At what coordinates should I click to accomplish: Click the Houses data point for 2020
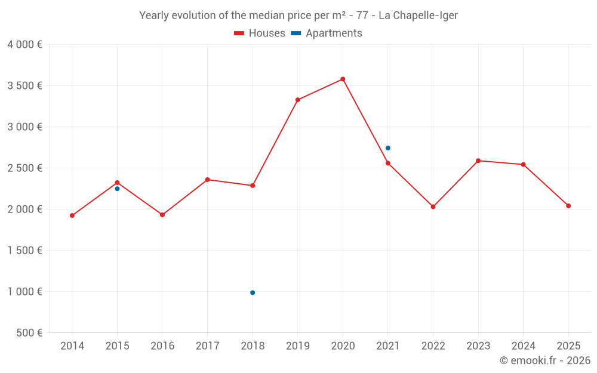(343, 79)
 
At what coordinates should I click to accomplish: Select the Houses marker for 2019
(298, 100)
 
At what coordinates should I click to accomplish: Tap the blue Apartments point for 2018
(253, 292)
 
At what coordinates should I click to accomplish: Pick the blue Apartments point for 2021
(388, 148)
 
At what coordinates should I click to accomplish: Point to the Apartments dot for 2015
(117, 189)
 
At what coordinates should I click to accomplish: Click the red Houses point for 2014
(72, 215)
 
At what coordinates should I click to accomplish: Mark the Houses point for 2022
(433, 206)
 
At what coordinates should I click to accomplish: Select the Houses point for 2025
(568, 206)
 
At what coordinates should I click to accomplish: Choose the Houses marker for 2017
(207, 180)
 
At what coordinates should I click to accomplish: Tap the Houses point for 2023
(478, 161)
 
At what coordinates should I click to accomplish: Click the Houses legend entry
(260, 33)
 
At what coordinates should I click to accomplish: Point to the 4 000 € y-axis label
(24, 45)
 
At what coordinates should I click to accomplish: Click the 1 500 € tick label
(24, 251)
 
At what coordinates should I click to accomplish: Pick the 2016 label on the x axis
(162, 346)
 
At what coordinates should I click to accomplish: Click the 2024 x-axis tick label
(524, 346)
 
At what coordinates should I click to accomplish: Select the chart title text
(298, 16)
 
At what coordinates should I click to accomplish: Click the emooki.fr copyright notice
(544, 360)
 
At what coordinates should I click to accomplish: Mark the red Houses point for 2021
(388, 163)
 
